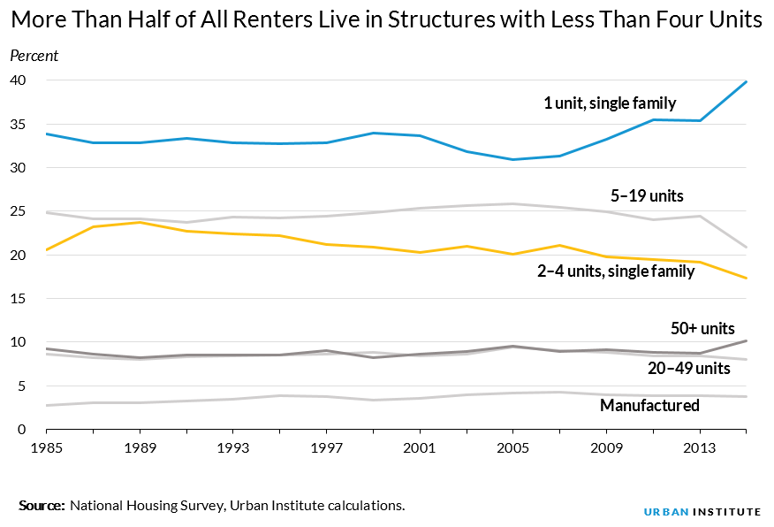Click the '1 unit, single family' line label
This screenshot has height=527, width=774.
pyautogui.click(x=610, y=103)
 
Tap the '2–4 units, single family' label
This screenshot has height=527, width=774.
pyautogui.click(x=616, y=271)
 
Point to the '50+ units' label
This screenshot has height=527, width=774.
pyautogui.click(x=702, y=328)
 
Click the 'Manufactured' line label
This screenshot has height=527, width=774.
pyautogui.click(x=649, y=406)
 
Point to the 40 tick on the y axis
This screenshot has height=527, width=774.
pyautogui.click(x=18, y=80)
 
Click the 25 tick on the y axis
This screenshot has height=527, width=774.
pyautogui.click(x=18, y=211)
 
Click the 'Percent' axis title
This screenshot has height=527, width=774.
pyautogui.click(x=34, y=56)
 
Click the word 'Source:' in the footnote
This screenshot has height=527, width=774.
pyautogui.click(x=42, y=506)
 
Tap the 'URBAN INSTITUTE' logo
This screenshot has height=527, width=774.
pyautogui.click(x=702, y=511)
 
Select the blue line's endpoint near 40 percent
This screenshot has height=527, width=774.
pyautogui.click(x=747, y=81)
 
